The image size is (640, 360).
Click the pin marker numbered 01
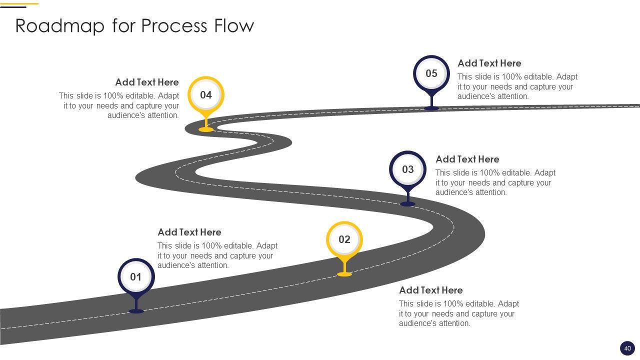point(136,277)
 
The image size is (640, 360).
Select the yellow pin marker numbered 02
point(344,239)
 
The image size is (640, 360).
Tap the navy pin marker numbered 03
point(408,169)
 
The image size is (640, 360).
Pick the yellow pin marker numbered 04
point(206,95)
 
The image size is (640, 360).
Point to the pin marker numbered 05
point(431,73)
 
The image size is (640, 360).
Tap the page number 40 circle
point(627,348)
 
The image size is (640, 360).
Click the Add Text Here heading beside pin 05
point(489,63)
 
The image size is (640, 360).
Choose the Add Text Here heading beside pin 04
point(146,82)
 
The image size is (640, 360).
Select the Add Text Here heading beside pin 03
point(467,159)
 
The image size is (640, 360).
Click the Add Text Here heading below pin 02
point(430,290)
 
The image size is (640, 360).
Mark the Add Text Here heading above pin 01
point(189,232)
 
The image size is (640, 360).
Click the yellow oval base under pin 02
point(344,274)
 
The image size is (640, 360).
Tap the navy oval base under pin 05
point(431,108)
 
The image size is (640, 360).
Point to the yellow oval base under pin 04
point(206,129)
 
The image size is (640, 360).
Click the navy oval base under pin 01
point(136,311)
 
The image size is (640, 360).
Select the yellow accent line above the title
point(26,3)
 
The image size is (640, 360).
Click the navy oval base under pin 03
point(408,204)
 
